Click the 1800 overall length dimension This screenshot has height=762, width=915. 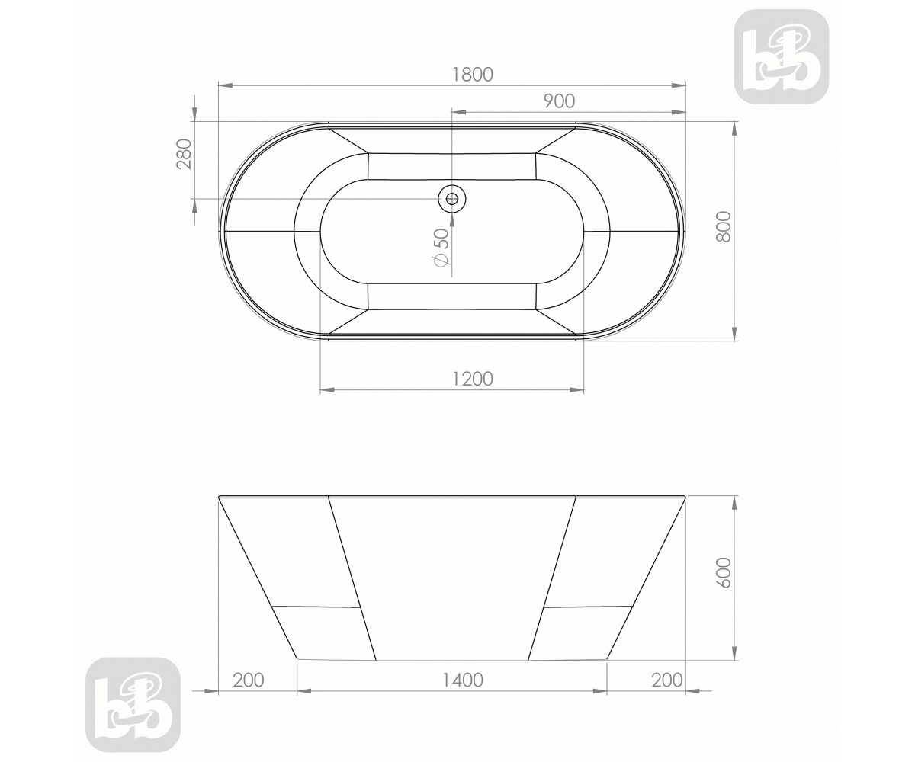click(x=473, y=75)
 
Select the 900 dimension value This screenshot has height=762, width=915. click(x=559, y=101)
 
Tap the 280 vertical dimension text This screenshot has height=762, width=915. click(x=185, y=154)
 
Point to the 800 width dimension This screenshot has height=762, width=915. click(x=724, y=227)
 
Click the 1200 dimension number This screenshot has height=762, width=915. click(x=473, y=379)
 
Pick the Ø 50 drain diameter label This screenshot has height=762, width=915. click(x=441, y=247)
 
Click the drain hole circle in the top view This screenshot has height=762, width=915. click(x=452, y=199)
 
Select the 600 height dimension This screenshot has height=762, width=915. click(x=724, y=573)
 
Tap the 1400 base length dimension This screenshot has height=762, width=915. click(x=463, y=680)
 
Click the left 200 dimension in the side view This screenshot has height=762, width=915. click(x=248, y=680)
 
